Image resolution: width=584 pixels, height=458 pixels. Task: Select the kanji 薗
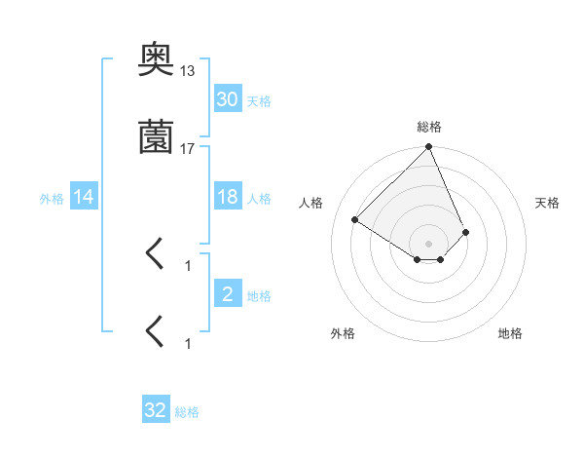tap(157, 137)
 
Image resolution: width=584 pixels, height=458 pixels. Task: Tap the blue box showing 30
tap(227, 98)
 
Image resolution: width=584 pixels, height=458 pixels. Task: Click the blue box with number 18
tap(227, 197)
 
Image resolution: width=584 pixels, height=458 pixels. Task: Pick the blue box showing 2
tap(227, 294)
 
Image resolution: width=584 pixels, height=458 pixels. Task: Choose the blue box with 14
tap(84, 197)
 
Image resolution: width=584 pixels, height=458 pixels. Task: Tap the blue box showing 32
tap(156, 410)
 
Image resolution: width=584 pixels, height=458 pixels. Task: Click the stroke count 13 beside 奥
tap(188, 71)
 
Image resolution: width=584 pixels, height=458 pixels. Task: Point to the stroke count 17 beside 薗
tap(188, 148)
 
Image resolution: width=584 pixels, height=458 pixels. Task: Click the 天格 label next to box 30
tap(259, 100)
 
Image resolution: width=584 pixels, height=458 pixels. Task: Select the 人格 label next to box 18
tap(259, 199)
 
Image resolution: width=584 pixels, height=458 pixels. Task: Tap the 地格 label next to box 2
tap(259, 296)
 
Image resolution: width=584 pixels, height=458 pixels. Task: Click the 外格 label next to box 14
tap(52, 199)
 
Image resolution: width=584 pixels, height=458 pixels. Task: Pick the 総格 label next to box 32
tap(188, 412)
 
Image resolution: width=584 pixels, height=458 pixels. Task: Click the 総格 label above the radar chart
tap(429, 127)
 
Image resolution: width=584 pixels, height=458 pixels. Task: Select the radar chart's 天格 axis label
tap(547, 203)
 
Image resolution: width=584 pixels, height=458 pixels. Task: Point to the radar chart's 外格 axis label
tap(343, 333)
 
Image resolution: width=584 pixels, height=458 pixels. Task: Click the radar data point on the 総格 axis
tap(429, 148)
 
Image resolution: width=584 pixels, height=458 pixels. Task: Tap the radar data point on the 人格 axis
tap(355, 219)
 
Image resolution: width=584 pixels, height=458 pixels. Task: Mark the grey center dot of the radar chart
tap(429, 243)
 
